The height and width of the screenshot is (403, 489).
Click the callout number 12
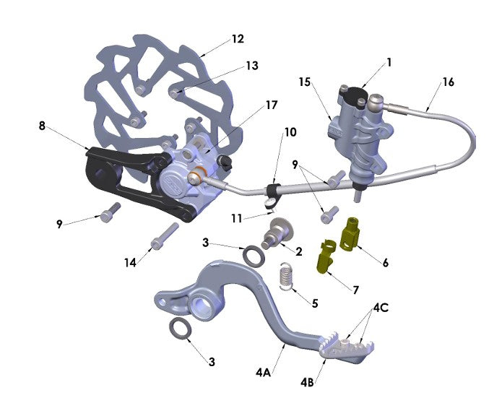pos(238,38)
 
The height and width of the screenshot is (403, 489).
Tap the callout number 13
pos(251,66)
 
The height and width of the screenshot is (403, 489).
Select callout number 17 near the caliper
pos(271,105)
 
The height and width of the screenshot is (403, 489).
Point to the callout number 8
pos(43,125)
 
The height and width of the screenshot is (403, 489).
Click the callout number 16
pos(448,82)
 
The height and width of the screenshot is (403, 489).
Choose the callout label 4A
pos(262,373)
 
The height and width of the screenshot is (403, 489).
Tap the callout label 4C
pos(381,308)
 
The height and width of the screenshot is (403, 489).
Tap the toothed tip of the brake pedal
pos(341,345)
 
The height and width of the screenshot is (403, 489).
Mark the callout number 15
pos(304,82)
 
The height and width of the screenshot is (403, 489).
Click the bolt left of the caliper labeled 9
pos(109,212)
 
